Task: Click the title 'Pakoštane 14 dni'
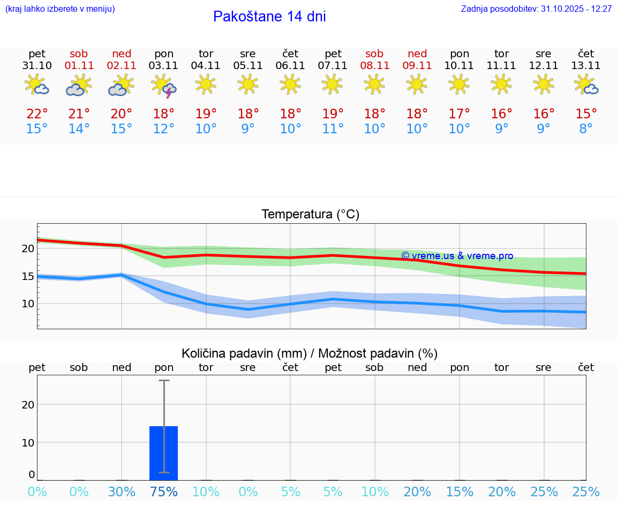pyautogui.click(x=269, y=17)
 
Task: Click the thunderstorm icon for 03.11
pyautogui.click(x=164, y=86)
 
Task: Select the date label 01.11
pyautogui.click(x=79, y=66)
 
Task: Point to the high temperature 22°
pyautogui.click(x=37, y=114)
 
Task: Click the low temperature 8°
pyautogui.click(x=586, y=129)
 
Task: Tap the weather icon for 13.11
pyautogui.click(x=586, y=85)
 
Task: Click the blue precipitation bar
pyautogui.click(x=163, y=453)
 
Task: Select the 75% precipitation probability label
pyautogui.click(x=164, y=491)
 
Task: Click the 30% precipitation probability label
pyautogui.click(x=122, y=491)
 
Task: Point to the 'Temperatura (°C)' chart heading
pyautogui.click(x=310, y=215)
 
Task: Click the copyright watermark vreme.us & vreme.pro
pyautogui.click(x=457, y=256)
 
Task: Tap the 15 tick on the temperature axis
pyautogui.click(x=27, y=276)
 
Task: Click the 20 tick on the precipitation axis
pyautogui.click(x=28, y=405)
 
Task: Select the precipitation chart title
pyautogui.click(x=310, y=353)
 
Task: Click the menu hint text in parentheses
pyautogui.click(x=60, y=9)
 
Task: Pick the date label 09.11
pyautogui.click(x=417, y=66)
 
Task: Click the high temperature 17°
pyautogui.click(x=459, y=114)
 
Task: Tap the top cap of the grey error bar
pyautogui.click(x=164, y=381)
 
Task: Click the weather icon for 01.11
pyautogui.click(x=79, y=86)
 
